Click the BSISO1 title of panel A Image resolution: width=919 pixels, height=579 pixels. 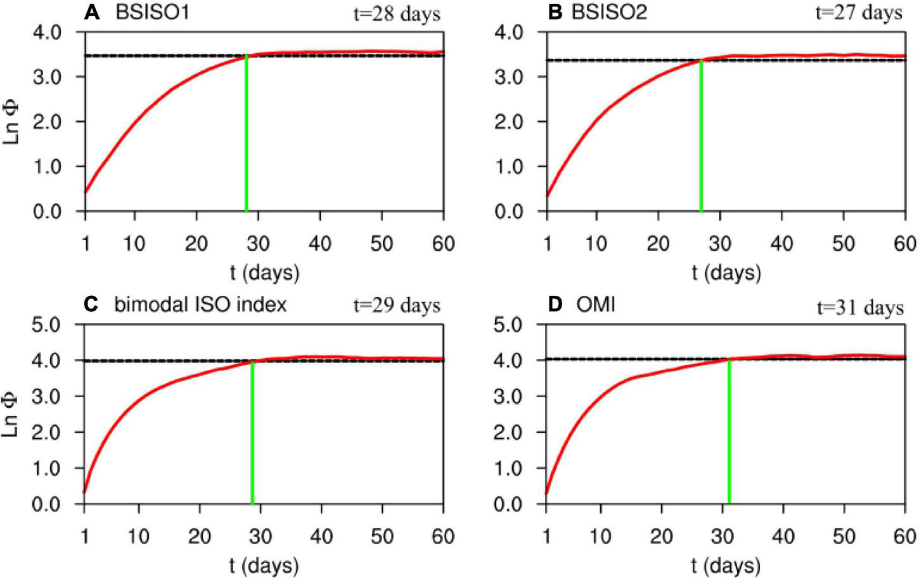pos(151,13)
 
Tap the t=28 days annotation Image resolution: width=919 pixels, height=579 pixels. pos(397,14)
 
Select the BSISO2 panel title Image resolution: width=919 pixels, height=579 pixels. pos(609,13)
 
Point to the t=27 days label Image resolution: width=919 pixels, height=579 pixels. pos(858,13)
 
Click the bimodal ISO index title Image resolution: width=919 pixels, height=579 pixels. pos(200,305)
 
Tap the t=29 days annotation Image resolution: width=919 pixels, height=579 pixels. pos(397,306)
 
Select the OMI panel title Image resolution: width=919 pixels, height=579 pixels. pos(595,305)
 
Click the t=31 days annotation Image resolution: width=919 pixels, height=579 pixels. pos(859,308)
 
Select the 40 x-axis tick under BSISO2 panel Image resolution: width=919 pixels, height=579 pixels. pos(781,244)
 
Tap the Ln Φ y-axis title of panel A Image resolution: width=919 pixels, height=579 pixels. pos(12,122)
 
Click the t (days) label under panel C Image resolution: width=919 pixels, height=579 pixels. pos(264,566)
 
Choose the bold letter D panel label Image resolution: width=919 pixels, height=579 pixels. pos(555,305)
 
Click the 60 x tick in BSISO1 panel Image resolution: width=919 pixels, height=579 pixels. pos(442,244)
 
